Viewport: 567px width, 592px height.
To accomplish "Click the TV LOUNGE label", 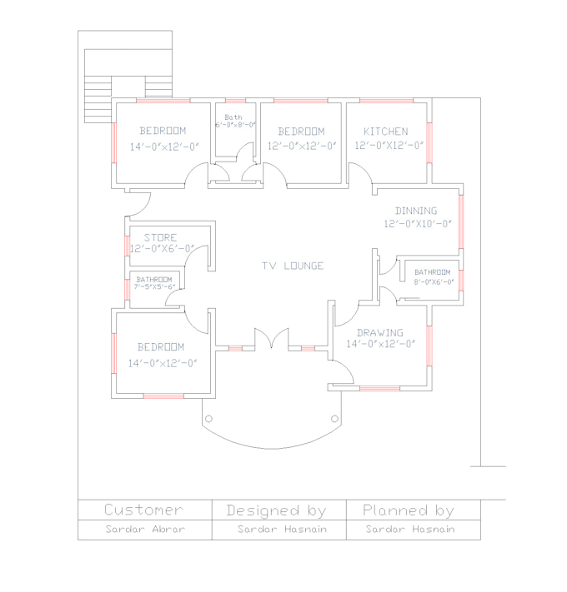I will [x=293, y=266].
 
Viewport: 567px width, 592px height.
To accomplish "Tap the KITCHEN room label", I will [x=385, y=132].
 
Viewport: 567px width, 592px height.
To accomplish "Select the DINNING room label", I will [x=416, y=211].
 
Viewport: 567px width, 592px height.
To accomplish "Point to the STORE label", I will [x=160, y=237].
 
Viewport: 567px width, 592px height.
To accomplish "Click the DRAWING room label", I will [x=380, y=333].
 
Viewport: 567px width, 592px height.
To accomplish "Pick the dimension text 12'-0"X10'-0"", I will [x=418, y=224].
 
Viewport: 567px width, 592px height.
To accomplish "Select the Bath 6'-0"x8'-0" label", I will [x=234, y=121].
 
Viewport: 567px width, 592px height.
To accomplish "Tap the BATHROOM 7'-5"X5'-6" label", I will [x=154, y=282].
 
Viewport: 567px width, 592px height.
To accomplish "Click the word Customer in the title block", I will [x=143, y=510].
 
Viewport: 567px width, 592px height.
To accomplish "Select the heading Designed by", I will [x=276, y=510].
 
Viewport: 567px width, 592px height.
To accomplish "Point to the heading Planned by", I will [x=409, y=510].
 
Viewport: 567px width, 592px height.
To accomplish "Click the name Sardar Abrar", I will [x=145, y=530].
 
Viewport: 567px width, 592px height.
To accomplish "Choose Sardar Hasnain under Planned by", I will [x=410, y=530].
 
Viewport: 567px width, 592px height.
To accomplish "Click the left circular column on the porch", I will [x=208, y=418].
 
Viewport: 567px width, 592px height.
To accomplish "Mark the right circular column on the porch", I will [x=335, y=418].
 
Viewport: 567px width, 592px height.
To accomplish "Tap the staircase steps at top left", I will [x=98, y=89].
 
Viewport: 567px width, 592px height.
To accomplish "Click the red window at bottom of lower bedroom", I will [x=163, y=395].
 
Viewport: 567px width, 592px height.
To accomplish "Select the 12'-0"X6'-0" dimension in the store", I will [x=162, y=248].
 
